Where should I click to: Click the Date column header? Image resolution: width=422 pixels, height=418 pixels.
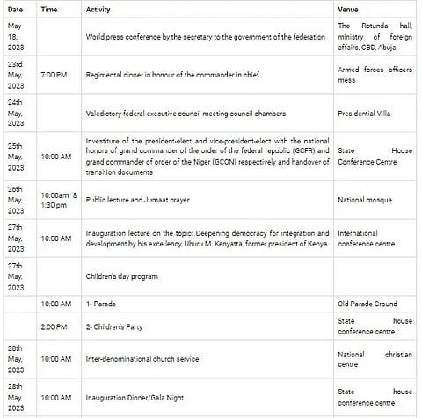pos(15,8)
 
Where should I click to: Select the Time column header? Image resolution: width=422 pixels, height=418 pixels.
pos(49,8)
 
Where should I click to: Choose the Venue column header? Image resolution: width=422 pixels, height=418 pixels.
pos(349,8)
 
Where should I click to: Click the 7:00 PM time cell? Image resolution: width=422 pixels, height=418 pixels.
pos(56,76)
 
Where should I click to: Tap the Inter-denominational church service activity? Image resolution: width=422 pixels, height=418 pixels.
pos(142,359)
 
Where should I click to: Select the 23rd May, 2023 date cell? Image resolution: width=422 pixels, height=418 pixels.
pos(17,76)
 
